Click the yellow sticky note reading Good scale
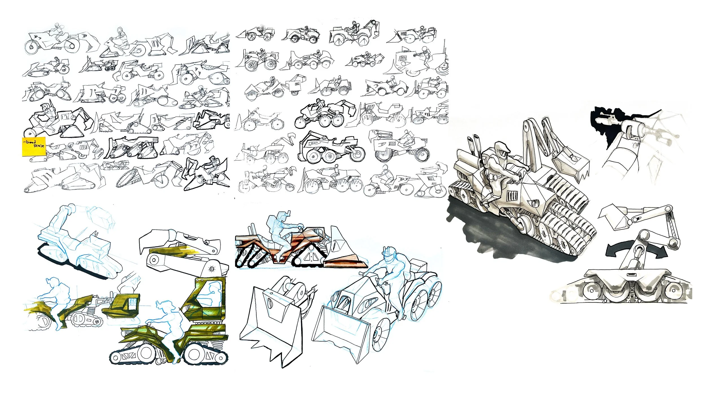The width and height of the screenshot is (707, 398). pyautogui.click(x=34, y=146)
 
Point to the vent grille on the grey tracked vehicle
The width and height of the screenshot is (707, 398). pyautogui.click(x=512, y=195)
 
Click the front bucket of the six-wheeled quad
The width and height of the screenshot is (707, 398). pyautogui.click(x=339, y=331)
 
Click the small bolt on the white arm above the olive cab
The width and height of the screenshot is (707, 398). pyautogui.click(x=211, y=268)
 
